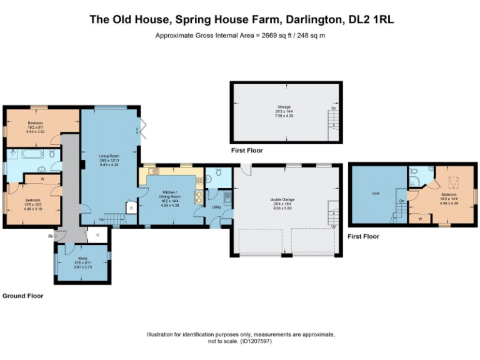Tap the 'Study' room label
[82, 258]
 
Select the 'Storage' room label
[284, 107]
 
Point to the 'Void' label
[375, 193]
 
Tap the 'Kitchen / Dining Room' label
[171, 193]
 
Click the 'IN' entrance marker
[50, 236]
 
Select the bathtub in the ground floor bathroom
[26, 154]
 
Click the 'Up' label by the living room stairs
[101, 219]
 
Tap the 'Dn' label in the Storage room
[334, 108]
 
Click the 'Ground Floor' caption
[23, 296]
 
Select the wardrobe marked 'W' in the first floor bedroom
[420, 219]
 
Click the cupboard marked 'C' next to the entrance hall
[96, 236]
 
